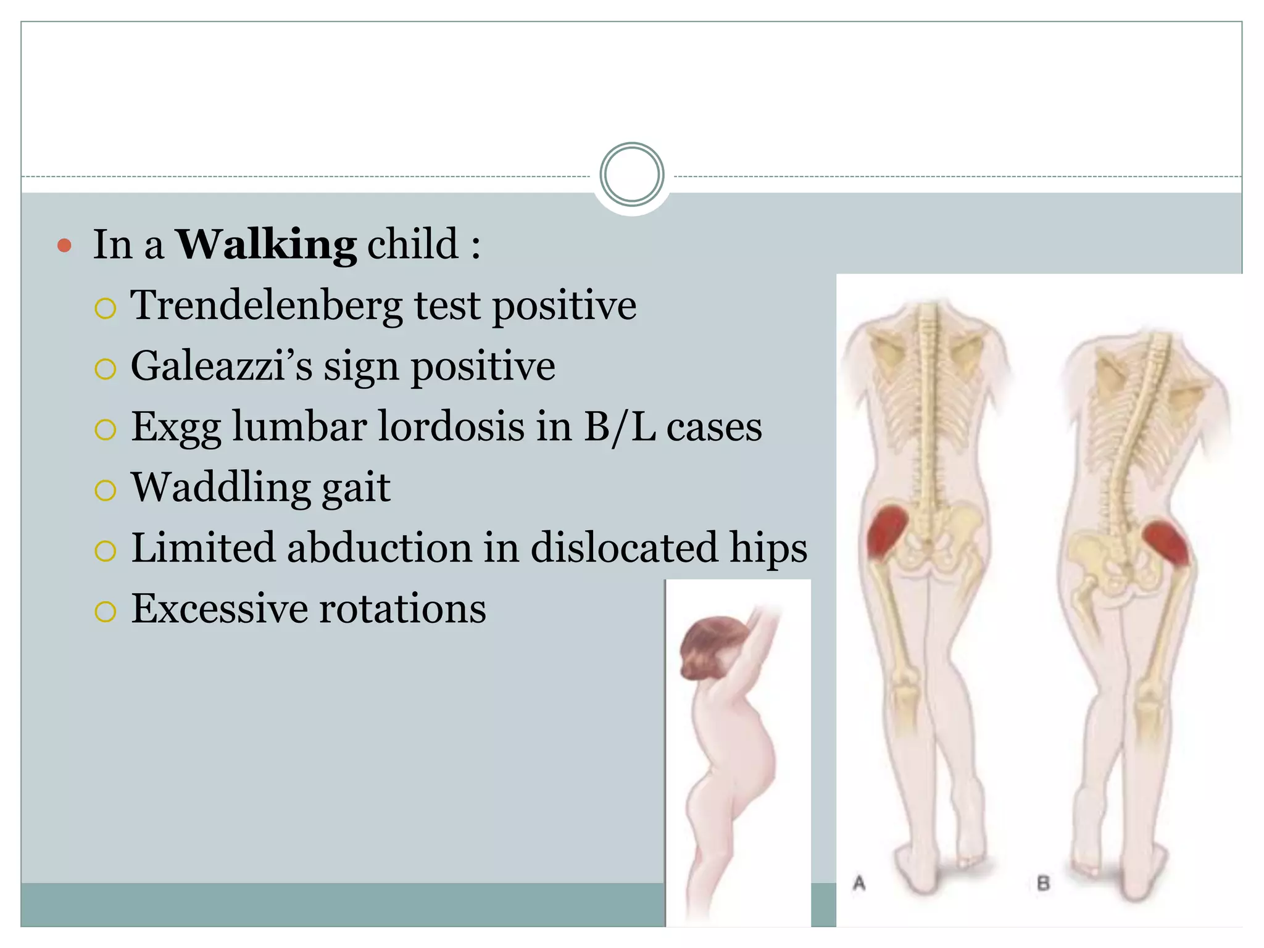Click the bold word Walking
click(266, 244)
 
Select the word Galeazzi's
click(222, 366)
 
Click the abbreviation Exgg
click(176, 427)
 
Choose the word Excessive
click(219, 609)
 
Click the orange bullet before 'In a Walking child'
click(64, 246)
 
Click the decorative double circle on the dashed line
click(631, 175)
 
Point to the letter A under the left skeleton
click(859, 883)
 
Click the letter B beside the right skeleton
click(1043, 884)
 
